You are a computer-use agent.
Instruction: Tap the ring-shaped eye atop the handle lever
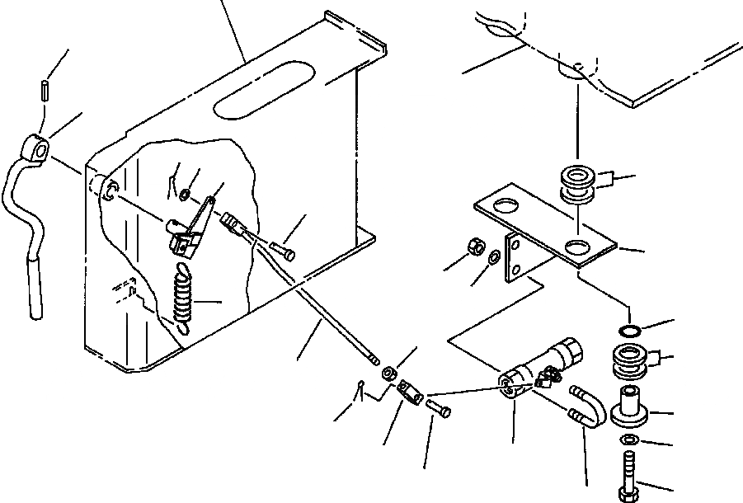pos(38,148)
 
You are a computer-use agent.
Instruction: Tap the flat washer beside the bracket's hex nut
pos(493,258)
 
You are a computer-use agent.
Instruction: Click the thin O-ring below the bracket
pos(629,331)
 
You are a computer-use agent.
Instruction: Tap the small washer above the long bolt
pos(629,438)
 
